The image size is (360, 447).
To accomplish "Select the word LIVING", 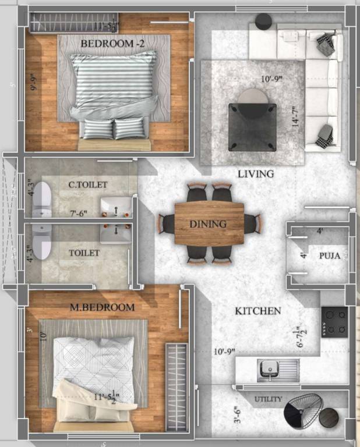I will (x=256, y=174).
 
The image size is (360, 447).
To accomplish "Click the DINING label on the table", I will (x=208, y=223).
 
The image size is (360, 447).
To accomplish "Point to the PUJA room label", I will (x=329, y=256).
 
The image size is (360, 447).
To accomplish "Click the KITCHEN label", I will (x=258, y=311).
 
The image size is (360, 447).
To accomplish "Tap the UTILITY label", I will (x=269, y=399).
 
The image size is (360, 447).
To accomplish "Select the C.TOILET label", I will (x=88, y=185).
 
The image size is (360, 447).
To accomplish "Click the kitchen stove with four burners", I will (x=334, y=321).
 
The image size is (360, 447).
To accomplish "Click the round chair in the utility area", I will (x=303, y=410).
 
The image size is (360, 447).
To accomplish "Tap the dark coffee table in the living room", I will (x=252, y=126).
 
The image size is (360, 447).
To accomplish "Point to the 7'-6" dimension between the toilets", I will (x=79, y=214).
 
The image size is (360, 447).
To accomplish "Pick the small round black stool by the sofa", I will (x=263, y=22).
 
